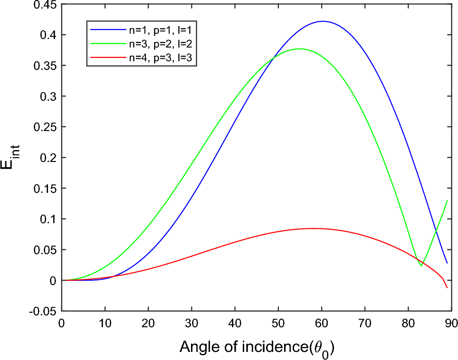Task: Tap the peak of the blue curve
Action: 323,21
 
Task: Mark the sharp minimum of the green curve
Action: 421,266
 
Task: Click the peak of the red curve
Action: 312,228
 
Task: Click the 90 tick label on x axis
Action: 451,323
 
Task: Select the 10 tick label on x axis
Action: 105,323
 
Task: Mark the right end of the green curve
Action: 447,200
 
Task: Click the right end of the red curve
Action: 447,288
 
